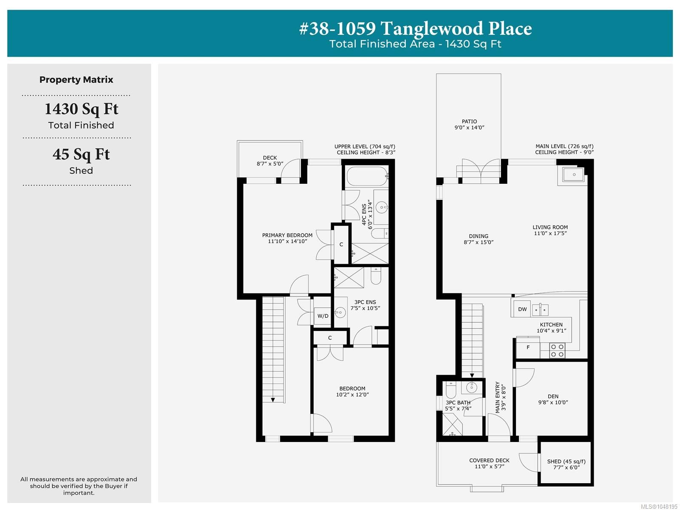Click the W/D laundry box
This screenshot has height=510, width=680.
click(x=322, y=316)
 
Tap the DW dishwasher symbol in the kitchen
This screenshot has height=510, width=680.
click(x=522, y=309)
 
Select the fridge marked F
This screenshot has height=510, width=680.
click(x=528, y=348)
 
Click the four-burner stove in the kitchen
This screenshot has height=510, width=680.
click(x=557, y=350)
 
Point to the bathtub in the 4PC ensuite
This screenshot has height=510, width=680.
click(x=367, y=177)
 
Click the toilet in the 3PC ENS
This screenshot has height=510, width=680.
click(x=376, y=276)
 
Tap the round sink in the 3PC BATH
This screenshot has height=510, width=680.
click(x=471, y=387)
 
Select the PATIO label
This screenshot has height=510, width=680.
click(x=469, y=122)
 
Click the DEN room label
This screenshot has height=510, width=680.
click(x=553, y=396)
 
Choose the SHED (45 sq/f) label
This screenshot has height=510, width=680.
click(x=566, y=462)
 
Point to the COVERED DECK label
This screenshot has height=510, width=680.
click(x=489, y=460)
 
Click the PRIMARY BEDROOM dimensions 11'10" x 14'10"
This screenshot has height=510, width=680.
click(x=287, y=241)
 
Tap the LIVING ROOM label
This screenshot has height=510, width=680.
click(x=550, y=227)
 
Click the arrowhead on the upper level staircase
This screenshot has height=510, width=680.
click(x=272, y=400)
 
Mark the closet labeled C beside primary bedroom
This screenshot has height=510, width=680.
click(x=341, y=244)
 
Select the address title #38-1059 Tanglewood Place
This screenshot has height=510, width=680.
click(x=415, y=28)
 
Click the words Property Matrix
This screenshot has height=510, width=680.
click(x=76, y=80)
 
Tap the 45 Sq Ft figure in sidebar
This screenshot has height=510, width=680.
click(x=81, y=154)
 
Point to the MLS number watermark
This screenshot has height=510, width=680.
click(x=659, y=507)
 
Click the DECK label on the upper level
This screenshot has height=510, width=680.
click(x=270, y=158)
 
